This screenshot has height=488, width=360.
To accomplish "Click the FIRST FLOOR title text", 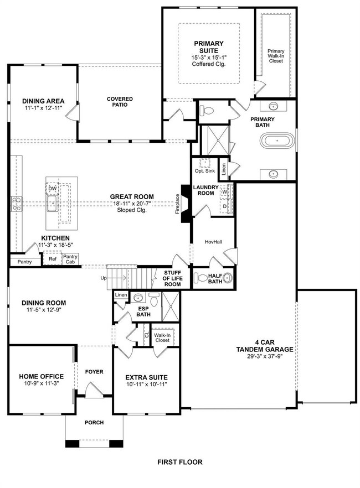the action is (179, 462).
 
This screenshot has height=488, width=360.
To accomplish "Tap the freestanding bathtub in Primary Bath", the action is (277, 141).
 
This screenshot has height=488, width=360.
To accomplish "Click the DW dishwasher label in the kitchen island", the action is (52, 189).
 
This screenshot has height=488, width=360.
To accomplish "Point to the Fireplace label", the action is (177, 204).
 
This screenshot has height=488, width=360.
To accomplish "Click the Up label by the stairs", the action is (104, 278).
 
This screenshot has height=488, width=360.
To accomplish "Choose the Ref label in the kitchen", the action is (52, 258).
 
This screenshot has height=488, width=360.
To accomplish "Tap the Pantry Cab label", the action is (70, 259).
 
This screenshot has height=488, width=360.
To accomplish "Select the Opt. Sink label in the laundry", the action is (205, 171).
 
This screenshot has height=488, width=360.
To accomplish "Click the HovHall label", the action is (213, 242).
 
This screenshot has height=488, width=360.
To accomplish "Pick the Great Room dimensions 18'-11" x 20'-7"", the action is (132, 204).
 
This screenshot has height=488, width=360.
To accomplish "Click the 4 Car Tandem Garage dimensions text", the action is (265, 356).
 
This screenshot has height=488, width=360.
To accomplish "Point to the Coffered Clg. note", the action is (209, 64).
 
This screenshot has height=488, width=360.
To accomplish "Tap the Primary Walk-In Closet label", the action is (276, 56).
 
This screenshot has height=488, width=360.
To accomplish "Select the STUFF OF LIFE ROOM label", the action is (172, 278).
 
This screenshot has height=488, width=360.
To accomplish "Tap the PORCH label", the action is (94, 422).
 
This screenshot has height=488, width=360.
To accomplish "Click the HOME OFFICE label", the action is (42, 376).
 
